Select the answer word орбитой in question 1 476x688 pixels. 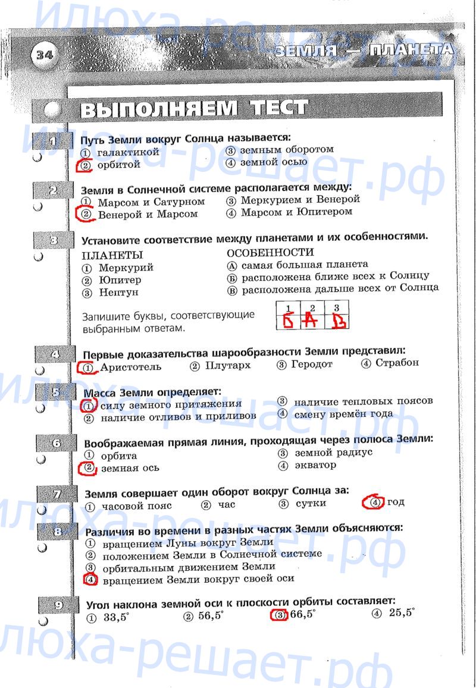pos(119,165)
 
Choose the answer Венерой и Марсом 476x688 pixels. pos(148,214)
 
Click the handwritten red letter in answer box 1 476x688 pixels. pos(289,322)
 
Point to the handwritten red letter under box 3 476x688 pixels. pos(337,322)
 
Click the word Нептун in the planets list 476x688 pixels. pos(118,293)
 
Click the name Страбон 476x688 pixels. pos(397,363)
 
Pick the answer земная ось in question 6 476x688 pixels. pos(130,468)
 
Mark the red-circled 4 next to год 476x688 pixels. pos(374,502)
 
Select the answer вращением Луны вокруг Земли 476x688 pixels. pos(187,542)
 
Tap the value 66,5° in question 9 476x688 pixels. pos(303,615)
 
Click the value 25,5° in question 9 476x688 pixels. pos(402,613)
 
